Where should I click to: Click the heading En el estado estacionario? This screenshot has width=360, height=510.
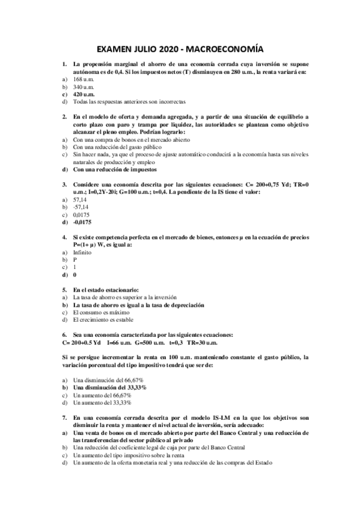[x=106, y=289]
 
